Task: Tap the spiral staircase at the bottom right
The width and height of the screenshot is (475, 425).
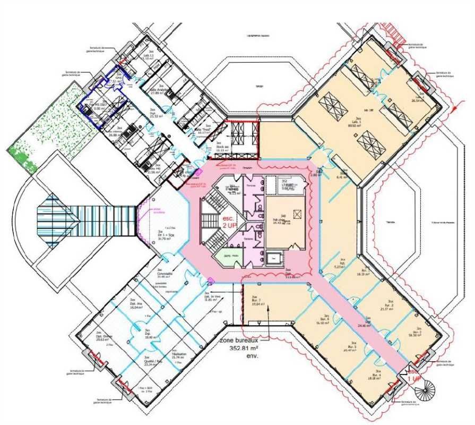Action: point(425,394)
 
